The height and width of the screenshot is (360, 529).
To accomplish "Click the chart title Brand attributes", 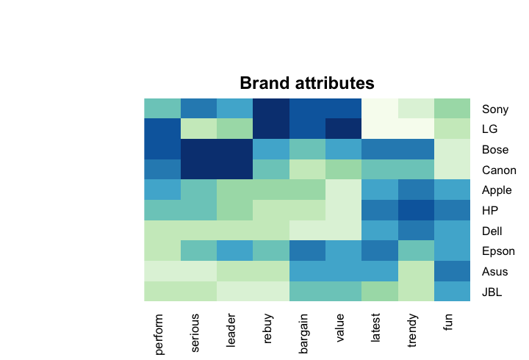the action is (x=307, y=83).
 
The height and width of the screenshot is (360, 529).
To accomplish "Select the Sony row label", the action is (x=495, y=109).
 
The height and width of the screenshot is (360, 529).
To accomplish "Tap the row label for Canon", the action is (x=499, y=170).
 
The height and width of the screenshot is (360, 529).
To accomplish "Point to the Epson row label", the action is (x=498, y=251).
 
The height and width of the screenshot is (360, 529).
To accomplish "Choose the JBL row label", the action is (x=492, y=292).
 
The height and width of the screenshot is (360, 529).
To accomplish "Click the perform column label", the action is (x=159, y=334).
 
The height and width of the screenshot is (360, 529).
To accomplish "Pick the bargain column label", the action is (x=303, y=334).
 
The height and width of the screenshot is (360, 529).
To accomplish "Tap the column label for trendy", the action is (x=412, y=331).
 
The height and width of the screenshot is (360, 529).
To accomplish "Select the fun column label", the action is (x=447, y=322).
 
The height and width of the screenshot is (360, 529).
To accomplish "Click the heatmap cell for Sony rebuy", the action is (x=271, y=108).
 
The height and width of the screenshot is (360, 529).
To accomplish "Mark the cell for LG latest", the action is (x=380, y=129).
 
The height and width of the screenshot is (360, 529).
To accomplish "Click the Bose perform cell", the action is (x=162, y=149).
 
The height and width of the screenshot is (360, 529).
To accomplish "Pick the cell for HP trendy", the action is (x=416, y=210).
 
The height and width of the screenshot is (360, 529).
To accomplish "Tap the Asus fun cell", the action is (x=452, y=271).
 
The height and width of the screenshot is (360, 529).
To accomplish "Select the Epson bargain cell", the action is (x=307, y=251).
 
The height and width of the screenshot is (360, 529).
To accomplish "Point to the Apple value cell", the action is (x=343, y=190).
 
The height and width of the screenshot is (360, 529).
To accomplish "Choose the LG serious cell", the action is (x=198, y=129).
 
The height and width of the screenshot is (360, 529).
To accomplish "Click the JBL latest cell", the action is (x=380, y=291).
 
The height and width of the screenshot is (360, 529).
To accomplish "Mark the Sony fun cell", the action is (x=452, y=108).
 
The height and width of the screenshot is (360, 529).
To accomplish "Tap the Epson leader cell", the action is (x=235, y=251).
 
